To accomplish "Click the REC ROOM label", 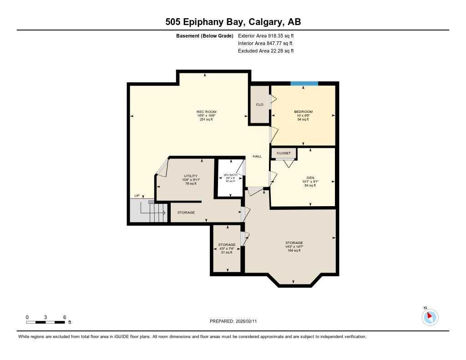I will click(x=206, y=112).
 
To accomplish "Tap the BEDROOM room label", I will click(x=303, y=112).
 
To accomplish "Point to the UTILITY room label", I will click(x=191, y=176).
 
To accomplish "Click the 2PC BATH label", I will click(x=231, y=175).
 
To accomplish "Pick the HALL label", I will click(x=258, y=157).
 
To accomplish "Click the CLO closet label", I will click(x=260, y=105).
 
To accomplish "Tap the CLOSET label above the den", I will click(x=284, y=153).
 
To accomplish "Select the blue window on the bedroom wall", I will click(x=304, y=83).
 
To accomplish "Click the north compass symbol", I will click(x=430, y=317).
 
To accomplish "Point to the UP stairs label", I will click(x=137, y=196).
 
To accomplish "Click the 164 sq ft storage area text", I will click(x=294, y=250).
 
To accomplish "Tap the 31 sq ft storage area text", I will click(x=227, y=253).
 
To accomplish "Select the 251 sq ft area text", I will click(x=206, y=119).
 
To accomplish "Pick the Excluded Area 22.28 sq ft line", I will click(x=266, y=51).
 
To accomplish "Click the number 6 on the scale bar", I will click(x=65, y=317).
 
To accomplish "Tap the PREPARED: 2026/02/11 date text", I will click(x=236, y=321).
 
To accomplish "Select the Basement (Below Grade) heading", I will click(x=204, y=35).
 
